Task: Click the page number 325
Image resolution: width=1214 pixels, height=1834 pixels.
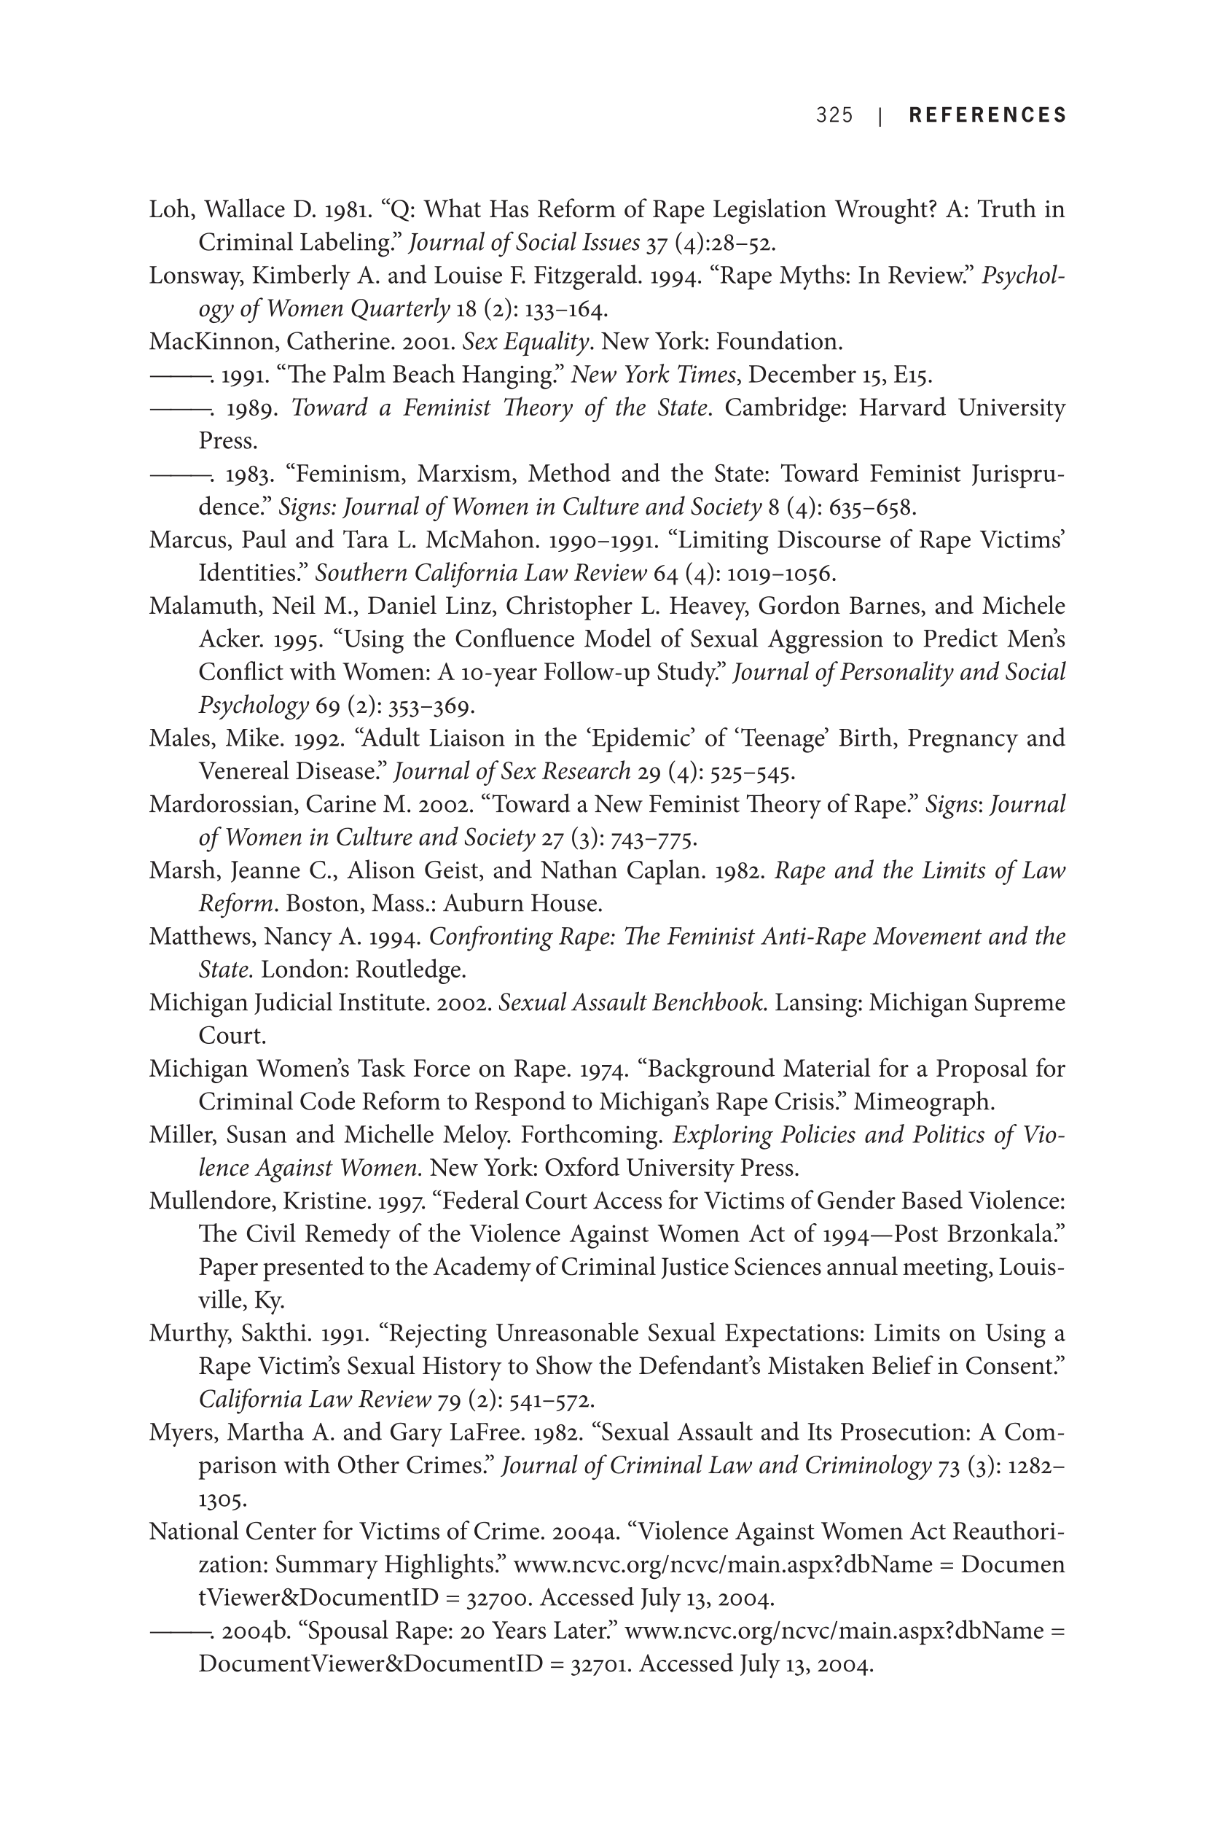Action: coord(834,115)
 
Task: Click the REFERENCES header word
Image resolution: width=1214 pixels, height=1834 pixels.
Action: coord(987,115)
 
